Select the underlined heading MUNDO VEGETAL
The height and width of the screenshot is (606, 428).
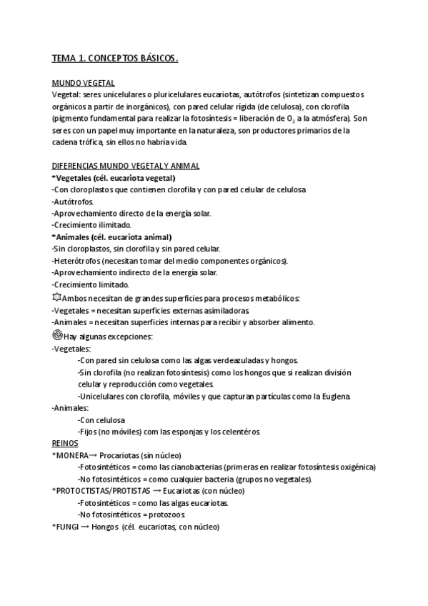tap(84, 83)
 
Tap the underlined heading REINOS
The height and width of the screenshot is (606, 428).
tap(66, 443)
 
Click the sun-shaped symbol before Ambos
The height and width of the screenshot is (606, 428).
tap(56, 297)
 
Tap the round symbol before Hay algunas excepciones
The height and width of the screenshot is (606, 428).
tap(57, 334)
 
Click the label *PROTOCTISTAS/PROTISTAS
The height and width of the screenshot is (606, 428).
tap(101, 491)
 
